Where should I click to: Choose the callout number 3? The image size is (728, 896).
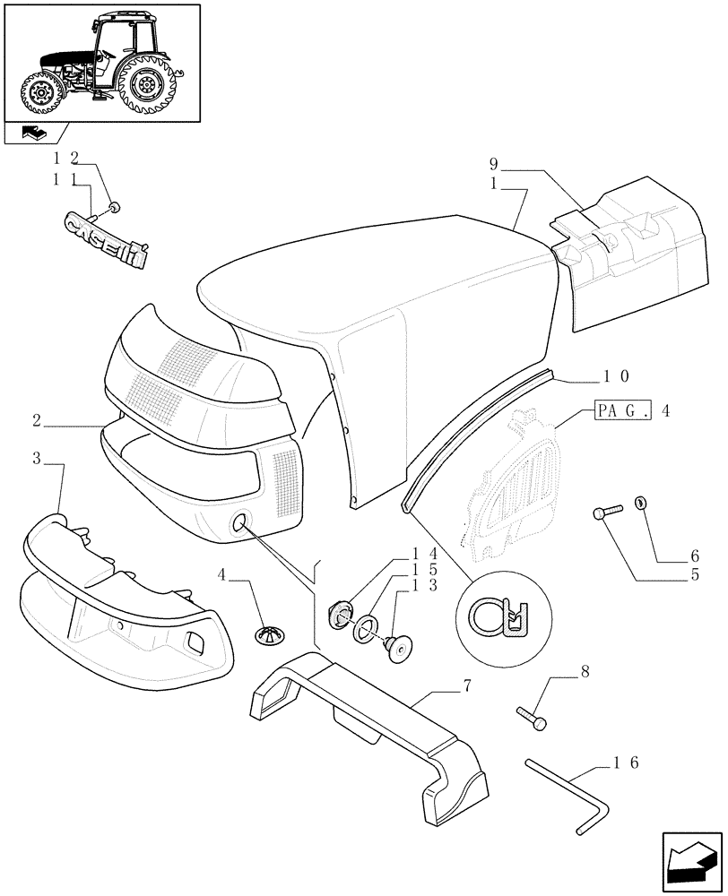(37, 460)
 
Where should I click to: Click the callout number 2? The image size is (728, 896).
(37, 419)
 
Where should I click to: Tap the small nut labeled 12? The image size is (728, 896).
(114, 209)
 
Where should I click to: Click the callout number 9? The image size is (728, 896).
(494, 164)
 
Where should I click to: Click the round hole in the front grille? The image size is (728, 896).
(241, 524)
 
